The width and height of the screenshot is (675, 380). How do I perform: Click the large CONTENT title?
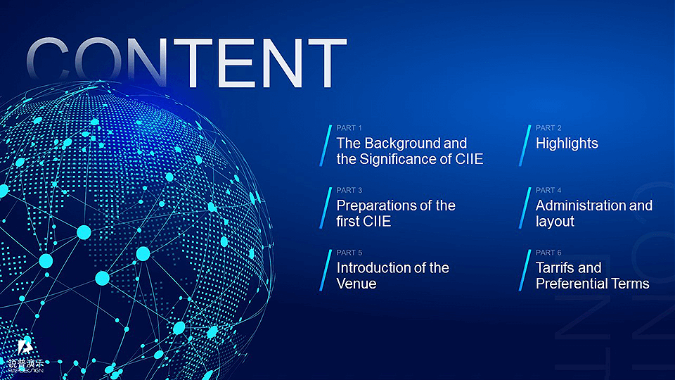click(x=186, y=63)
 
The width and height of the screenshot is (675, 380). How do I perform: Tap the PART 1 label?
click(x=349, y=128)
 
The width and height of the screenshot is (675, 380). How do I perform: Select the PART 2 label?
click(x=548, y=128)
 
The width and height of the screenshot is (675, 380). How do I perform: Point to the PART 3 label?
click(x=349, y=190)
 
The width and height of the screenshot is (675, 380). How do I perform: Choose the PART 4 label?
click(x=548, y=190)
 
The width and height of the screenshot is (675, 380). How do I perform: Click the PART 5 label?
click(x=349, y=253)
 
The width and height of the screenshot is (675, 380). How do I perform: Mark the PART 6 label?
click(x=548, y=253)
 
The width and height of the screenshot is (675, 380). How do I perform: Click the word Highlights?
click(x=567, y=144)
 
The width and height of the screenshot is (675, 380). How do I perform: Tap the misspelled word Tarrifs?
click(x=555, y=268)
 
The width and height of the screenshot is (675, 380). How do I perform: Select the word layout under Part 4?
click(x=555, y=222)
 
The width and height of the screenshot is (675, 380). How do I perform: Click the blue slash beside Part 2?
click(x=525, y=146)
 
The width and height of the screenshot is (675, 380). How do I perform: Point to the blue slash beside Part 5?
click(x=326, y=270)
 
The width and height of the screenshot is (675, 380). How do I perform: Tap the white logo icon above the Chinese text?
click(x=25, y=347)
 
